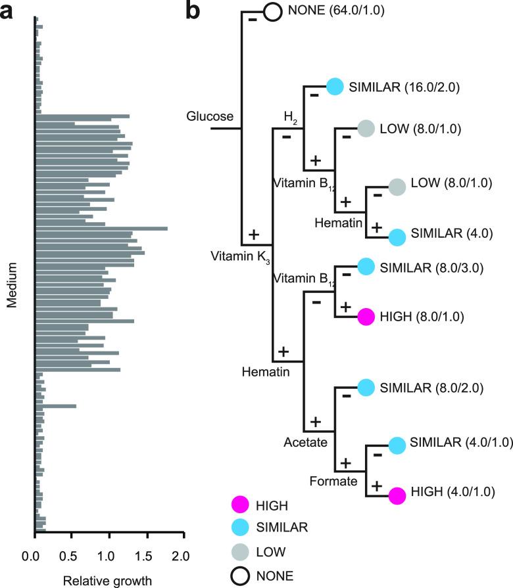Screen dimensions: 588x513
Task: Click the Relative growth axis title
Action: [107, 580]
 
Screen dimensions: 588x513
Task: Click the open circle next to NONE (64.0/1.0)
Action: [274, 12]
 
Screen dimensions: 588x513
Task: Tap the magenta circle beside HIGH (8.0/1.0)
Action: [367, 317]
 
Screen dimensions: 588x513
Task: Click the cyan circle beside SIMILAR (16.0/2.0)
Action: [335, 86]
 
